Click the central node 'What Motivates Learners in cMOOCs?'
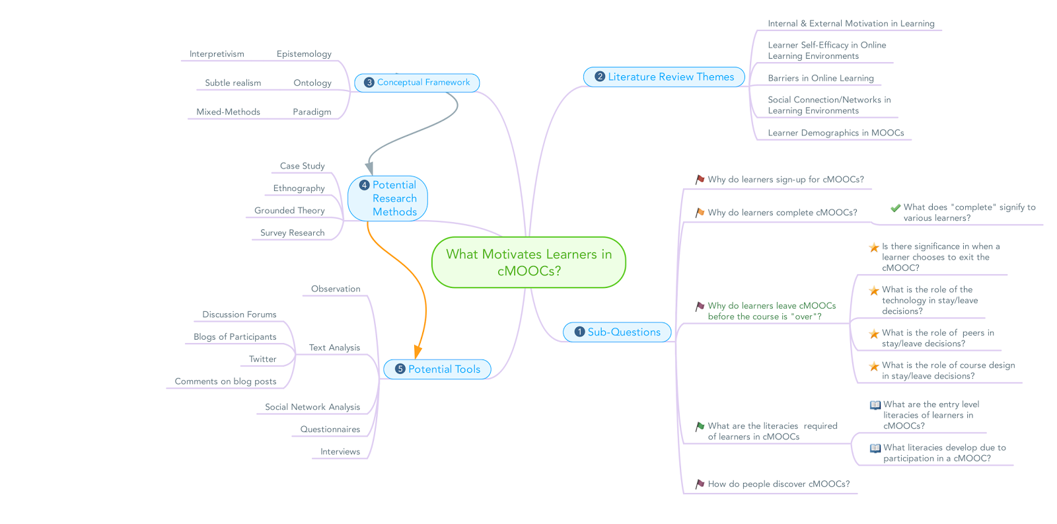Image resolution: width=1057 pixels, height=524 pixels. click(x=528, y=262)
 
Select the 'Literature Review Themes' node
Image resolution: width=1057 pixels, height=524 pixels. click(x=664, y=77)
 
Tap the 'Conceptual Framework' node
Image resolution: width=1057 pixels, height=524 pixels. click(x=417, y=83)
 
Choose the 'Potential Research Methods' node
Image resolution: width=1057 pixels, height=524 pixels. click(x=387, y=198)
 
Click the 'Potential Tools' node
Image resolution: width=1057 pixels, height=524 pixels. click(x=437, y=369)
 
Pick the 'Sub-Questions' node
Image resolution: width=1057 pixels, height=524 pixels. click(x=617, y=332)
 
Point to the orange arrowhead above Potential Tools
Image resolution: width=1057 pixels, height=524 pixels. click(x=418, y=352)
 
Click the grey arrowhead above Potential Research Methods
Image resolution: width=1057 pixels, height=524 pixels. click(x=369, y=168)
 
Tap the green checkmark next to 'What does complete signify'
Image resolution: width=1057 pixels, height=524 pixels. click(x=895, y=207)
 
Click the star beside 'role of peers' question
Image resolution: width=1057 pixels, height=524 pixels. click(x=874, y=334)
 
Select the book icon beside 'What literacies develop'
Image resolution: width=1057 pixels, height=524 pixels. click(x=875, y=448)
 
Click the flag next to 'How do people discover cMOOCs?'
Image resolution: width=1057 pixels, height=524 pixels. click(x=700, y=484)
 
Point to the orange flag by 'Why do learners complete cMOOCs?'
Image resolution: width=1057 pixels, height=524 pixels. click(x=700, y=213)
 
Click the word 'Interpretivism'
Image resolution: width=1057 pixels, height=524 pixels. click(x=217, y=54)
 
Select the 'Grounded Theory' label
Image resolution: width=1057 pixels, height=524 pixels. click(x=289, y=211)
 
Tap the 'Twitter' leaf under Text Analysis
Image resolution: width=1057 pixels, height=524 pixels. click(x=262, y=359)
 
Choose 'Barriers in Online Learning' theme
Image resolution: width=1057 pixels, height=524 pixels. click(x=820, y=79)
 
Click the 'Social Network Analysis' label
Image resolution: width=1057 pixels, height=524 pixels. click(x=312, y=407)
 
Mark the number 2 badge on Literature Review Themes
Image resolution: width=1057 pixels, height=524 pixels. click(x=600, y=77)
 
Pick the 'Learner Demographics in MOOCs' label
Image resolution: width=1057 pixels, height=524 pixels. click(x=836, y=133)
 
